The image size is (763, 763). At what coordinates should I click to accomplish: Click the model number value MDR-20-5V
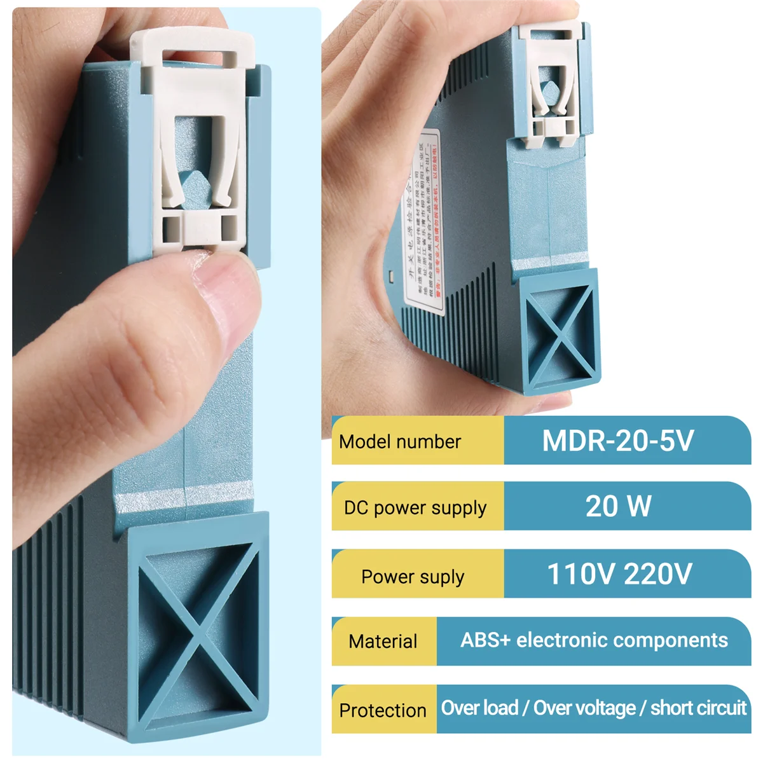[x=617, y=441]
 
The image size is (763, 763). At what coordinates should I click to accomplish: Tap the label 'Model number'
[x=400, y=441]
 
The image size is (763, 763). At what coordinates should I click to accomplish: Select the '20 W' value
[x=618, y=507]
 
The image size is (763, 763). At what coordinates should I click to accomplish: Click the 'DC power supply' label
[x=415, y=508]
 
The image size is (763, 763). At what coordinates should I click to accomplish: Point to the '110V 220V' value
[x=619, y=574]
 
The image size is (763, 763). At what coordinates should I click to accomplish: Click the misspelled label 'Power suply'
[x=413, y=577]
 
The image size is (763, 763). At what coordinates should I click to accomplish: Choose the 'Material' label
[x=383, y=642]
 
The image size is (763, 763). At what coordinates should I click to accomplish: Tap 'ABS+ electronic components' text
[x=594, y=640]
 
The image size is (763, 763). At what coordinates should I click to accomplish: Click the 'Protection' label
[x=383, y=710]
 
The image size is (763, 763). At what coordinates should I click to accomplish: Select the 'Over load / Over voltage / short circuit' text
[x=593, y=708]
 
